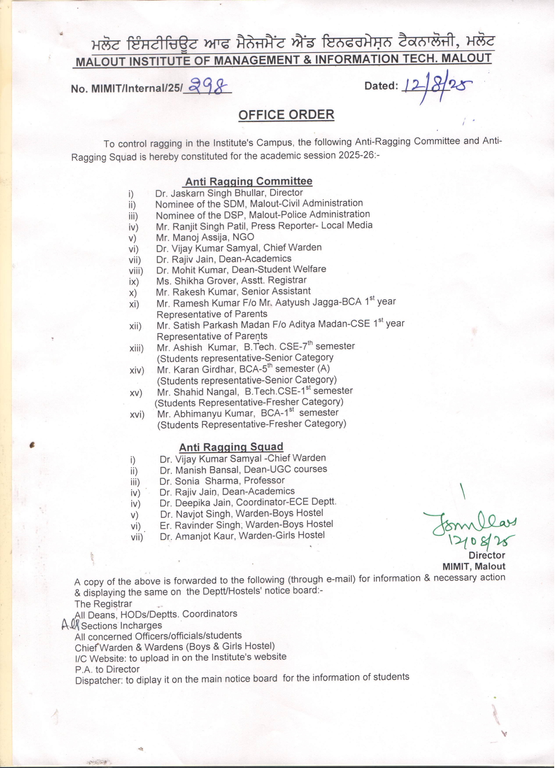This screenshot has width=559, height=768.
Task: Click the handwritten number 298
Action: pos(208,86)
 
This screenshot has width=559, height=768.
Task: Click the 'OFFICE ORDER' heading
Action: pos(286,115)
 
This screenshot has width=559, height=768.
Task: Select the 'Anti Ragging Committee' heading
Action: pos(248,182)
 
